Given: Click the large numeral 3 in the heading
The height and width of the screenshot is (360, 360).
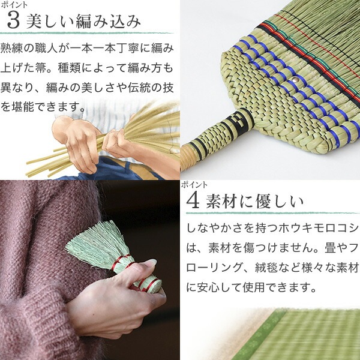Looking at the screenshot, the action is pos(13,20).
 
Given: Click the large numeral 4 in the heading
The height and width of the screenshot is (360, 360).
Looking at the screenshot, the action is pos(193,201).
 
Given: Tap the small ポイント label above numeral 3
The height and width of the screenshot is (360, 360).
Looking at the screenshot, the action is pos(14,5).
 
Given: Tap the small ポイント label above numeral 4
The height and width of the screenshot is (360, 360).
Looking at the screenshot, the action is pos(194,185).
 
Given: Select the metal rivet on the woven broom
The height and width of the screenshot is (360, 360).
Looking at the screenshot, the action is pos(295,80).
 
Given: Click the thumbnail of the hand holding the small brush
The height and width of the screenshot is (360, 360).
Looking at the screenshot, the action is pos(90,270).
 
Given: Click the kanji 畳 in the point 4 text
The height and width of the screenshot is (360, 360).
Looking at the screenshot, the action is pos(330,248).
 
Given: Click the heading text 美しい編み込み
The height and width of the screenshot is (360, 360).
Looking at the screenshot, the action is pos(83,22).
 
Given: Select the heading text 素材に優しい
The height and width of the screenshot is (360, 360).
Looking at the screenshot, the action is pos(255,202).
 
